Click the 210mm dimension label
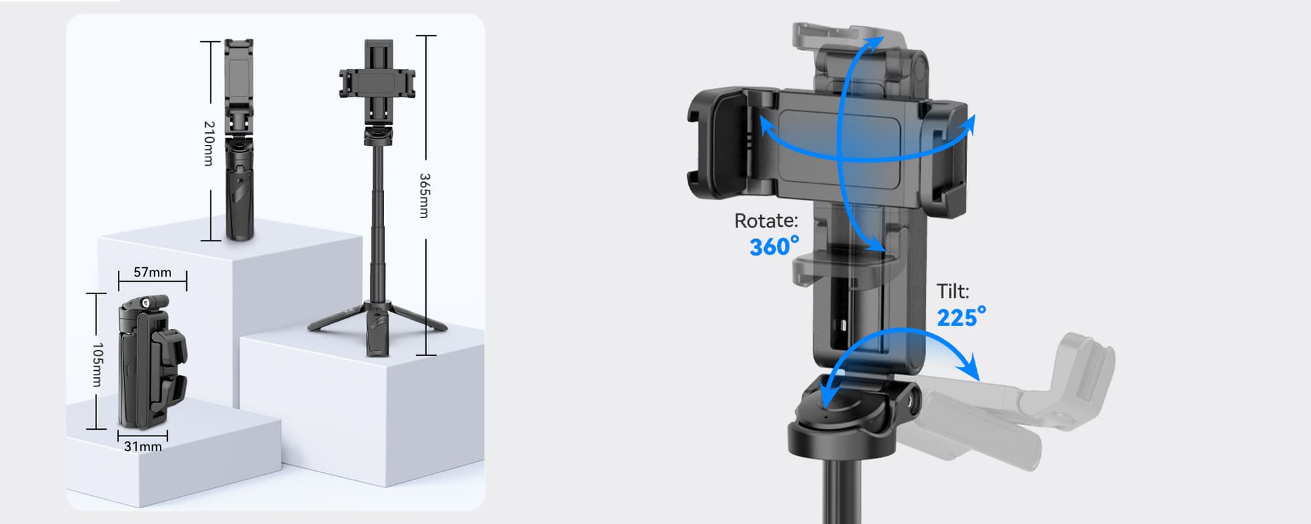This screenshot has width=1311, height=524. (209, 143)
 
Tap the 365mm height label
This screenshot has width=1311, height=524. (425, 195)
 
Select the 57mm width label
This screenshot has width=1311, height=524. (152, 272)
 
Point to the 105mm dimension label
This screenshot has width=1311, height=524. (97, 365)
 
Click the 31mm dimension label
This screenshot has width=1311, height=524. (143, 447)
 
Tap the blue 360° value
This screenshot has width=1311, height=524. (774, 246)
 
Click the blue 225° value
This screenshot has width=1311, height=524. (961, 317)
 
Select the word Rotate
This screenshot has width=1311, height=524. (766, 221)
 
